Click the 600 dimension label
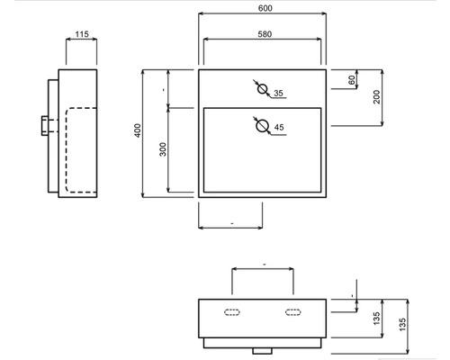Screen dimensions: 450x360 click(265, 8)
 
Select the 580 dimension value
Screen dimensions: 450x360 click(265, 34)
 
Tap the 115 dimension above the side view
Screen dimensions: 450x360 click(82, 34)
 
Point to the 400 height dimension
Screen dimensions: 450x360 click(138, 130)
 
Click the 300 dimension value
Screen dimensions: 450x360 click(163, 149)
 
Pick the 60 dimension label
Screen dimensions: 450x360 click(352, 80)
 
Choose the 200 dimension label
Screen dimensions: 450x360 click(376, 97)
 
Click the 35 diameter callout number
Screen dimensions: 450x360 click(278, 94)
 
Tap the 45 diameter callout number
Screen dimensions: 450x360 click(279, 127)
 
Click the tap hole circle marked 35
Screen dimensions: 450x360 click(263, 85)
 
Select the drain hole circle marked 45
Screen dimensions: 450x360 click(263, 120)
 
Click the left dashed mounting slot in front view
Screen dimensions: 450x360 click(232, 312)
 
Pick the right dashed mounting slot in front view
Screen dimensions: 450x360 click(293, 312)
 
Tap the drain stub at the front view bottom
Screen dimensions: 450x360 click(262, 351)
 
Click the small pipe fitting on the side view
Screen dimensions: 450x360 click(45, 126)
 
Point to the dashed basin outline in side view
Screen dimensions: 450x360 click(66, 150)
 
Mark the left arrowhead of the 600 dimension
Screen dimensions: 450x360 click(201, 13)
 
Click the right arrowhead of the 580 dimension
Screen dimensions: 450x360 click(319, 39)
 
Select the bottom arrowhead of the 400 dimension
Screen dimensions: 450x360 click(143, 195)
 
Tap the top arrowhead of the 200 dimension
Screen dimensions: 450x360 click(382, 72)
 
